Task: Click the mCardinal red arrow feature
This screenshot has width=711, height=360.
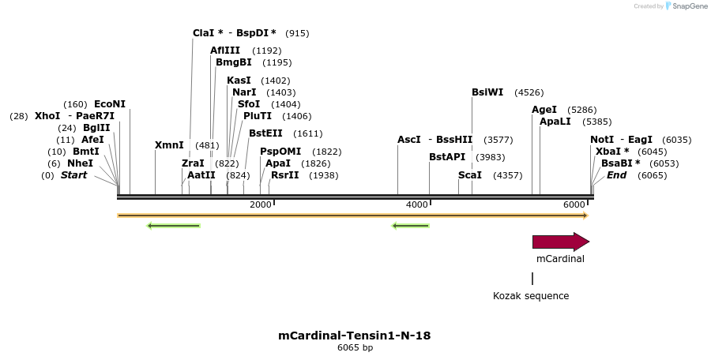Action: coord(560,242)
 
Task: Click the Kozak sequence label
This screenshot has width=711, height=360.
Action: coord(531,296)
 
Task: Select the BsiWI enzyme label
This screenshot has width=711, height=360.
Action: coord(487,92)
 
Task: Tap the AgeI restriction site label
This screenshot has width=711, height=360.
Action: coord(544,110)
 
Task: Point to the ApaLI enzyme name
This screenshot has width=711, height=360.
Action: coord(555,122)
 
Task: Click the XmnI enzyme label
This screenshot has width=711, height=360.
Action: coord(169,145)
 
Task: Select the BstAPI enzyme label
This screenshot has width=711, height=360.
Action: coord(447,157)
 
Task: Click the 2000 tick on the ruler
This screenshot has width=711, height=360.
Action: coord(261,205)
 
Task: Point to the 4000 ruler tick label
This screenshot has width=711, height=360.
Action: coord(416,205)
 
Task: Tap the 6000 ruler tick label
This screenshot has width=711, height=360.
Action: coord(574,205)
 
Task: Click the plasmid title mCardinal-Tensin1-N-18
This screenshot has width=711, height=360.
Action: coord(355,336)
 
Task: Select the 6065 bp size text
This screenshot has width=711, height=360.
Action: coord(355,347)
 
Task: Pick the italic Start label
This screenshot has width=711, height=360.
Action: coord(73,175)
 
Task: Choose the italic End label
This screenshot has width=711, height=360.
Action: coord(617,175)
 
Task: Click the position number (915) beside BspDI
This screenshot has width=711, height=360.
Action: coord(297,33)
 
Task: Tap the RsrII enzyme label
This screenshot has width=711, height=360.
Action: coord(284,175)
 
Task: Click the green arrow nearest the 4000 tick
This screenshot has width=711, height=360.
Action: coord(410,226)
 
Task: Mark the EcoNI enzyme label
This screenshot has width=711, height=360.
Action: coord(110,104)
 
